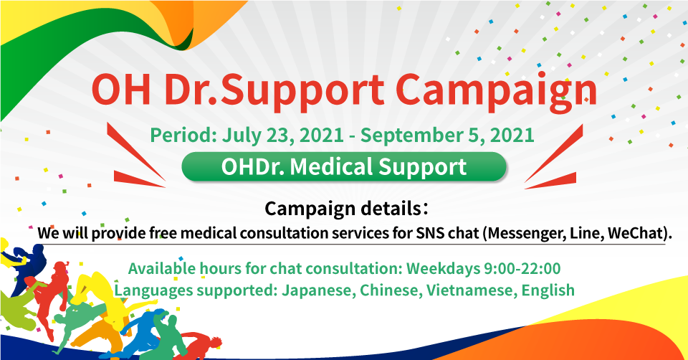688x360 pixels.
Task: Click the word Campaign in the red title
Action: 496,91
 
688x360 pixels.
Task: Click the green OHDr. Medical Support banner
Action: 344,167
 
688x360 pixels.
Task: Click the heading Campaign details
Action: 345,209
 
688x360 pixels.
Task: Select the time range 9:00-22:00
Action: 522,268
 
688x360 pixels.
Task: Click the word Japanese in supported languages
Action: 318,290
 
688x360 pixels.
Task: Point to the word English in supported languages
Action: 548,290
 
